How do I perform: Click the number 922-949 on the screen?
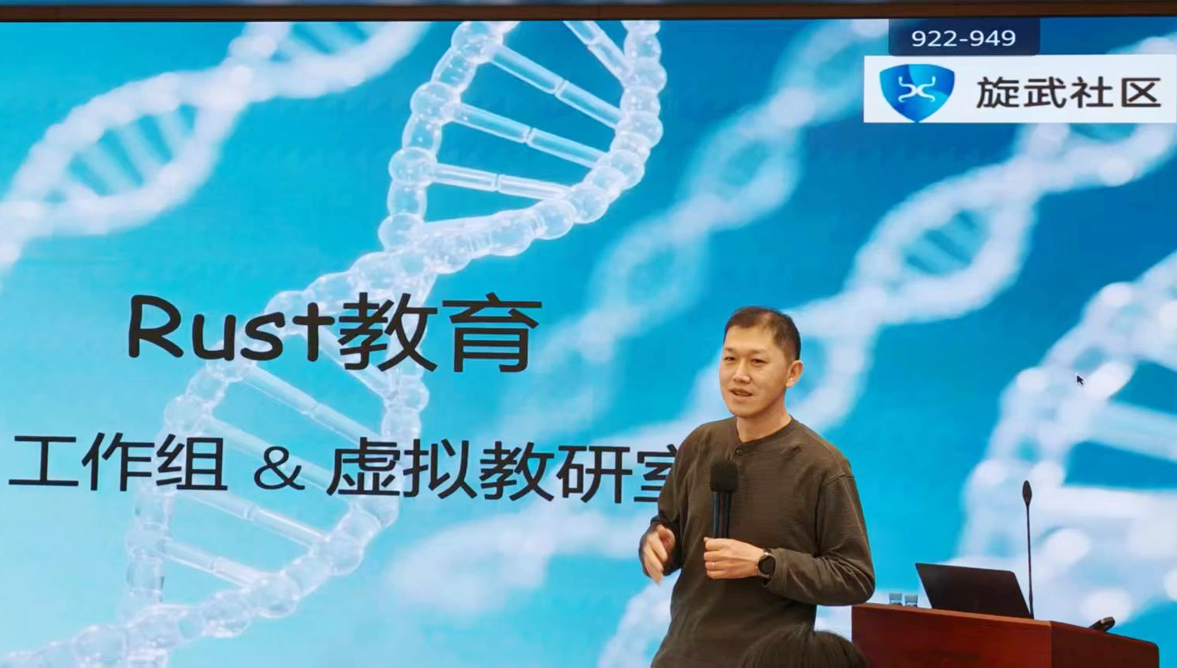pyautogui.click(x=963, y=38)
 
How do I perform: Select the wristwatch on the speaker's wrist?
pyautogui.click(x=765, y=563)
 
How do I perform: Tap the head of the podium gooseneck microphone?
pyautogui.click(x=1027, y=493)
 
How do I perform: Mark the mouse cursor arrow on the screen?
pyautogui.click(x=1080, y=380)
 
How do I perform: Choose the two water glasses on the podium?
pyautogui.click(x=903, y=600)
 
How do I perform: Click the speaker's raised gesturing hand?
pyautogui.click(x=655, y=552)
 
